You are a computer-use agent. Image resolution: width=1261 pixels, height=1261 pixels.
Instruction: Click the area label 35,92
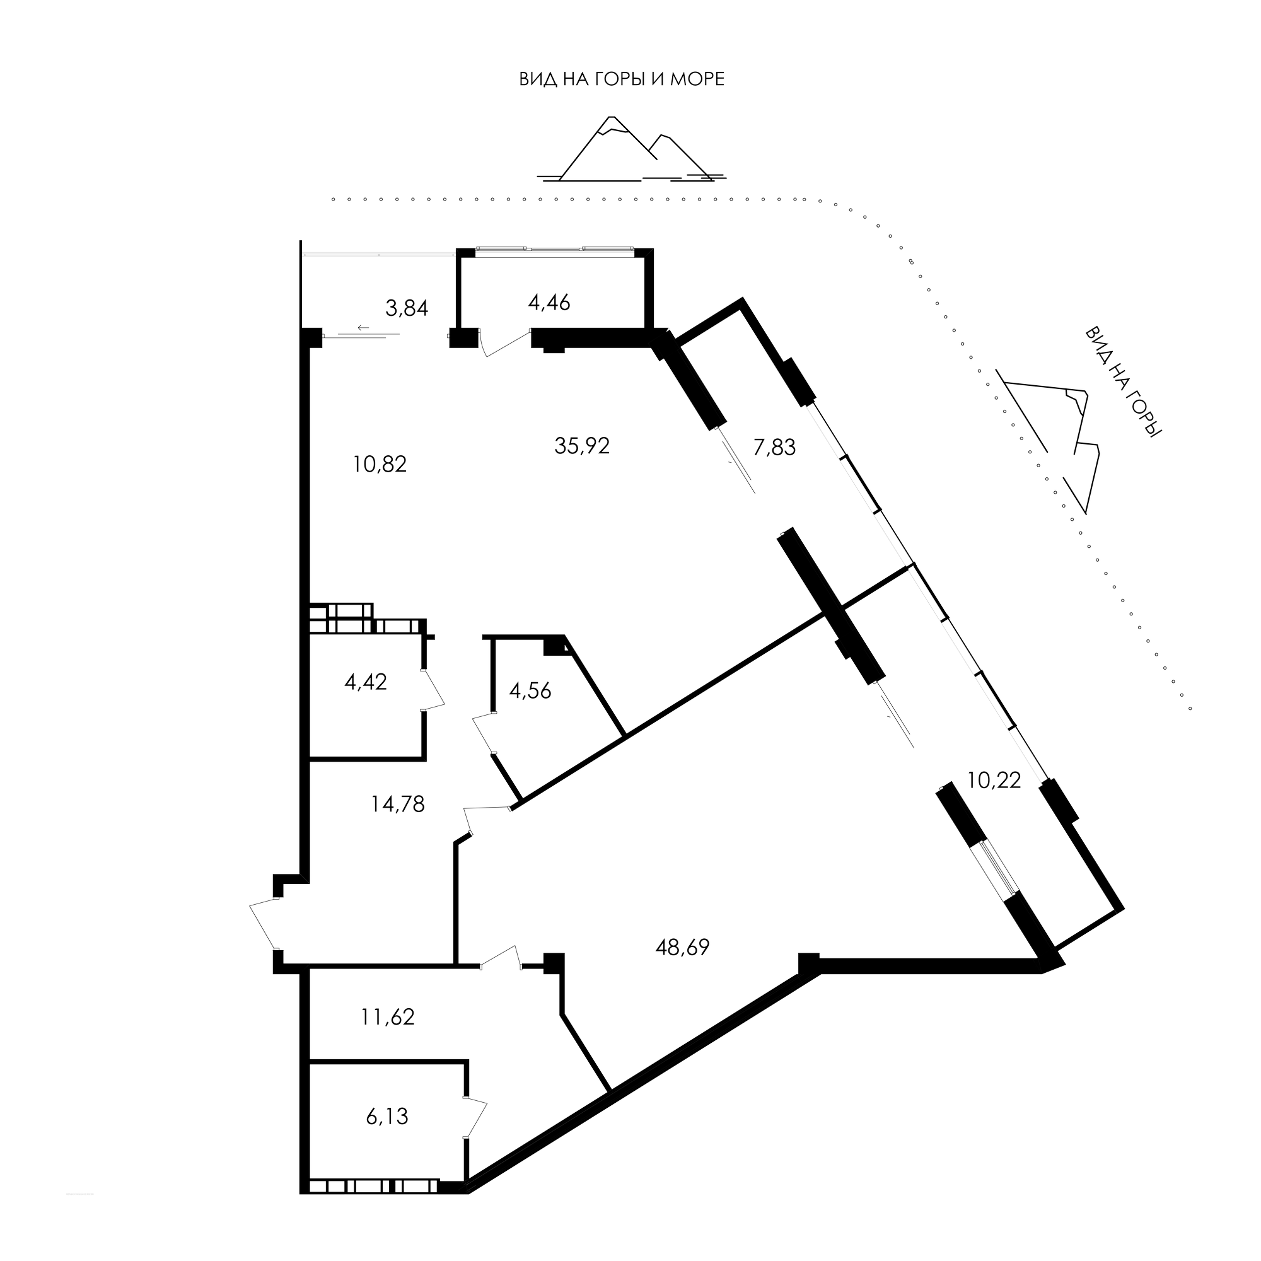pos(581,446)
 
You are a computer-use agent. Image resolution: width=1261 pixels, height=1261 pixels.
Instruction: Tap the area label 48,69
pos(682,947)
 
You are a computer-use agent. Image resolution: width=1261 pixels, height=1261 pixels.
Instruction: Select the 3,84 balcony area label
pos(407,308)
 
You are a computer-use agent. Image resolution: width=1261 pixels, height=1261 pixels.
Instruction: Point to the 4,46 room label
pos(550,302)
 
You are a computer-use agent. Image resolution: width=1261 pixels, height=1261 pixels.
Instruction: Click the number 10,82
pos(380,464)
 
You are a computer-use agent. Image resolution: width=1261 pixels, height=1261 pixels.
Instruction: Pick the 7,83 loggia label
pos(774,447)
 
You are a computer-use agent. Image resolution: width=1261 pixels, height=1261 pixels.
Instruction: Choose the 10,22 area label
pos(994,780)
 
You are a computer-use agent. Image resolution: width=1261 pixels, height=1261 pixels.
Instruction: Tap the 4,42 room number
pos(366,682)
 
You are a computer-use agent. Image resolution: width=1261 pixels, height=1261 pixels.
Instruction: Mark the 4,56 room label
pos(530,690)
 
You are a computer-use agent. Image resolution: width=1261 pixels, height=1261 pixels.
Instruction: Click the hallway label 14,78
pos(397,804)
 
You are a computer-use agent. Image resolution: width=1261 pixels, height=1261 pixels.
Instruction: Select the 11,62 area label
pos(388,1017)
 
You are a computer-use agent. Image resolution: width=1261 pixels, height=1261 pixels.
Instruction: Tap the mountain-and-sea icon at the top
pos(630,149)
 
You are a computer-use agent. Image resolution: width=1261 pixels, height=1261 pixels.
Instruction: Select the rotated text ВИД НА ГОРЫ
pos(1124,382)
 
